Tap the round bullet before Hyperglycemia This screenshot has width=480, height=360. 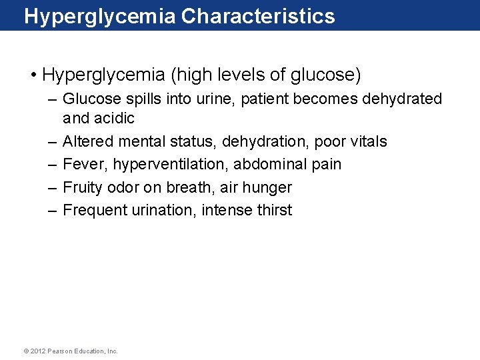point(33,75)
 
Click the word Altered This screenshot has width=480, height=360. point(87,141)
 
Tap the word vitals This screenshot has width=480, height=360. point(365,141)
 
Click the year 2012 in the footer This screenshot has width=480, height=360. point(38,351)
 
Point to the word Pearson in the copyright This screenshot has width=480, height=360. point(61,351)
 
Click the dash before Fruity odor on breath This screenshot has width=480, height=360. point(52,187)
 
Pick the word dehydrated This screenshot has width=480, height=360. point(401,99)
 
